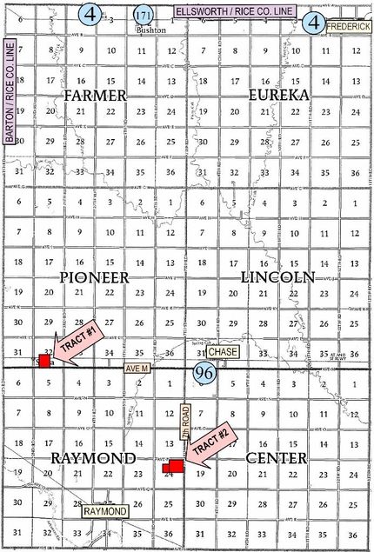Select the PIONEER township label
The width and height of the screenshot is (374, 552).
pos(95,277)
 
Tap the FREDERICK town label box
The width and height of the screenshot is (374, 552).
pos(350,27)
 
